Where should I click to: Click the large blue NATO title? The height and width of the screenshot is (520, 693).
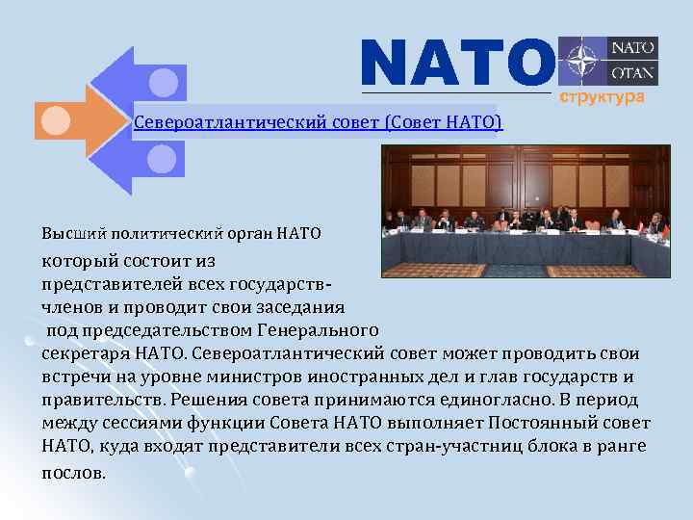[x=457, y=62]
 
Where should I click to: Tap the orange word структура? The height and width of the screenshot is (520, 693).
[x=596, y=98]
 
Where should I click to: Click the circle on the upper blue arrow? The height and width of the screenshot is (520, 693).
[x=163, y=81]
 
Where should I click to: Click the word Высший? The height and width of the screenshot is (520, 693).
[x=69, y=233]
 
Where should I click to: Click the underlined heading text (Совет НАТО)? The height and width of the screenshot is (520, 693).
[x=444, y=122]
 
